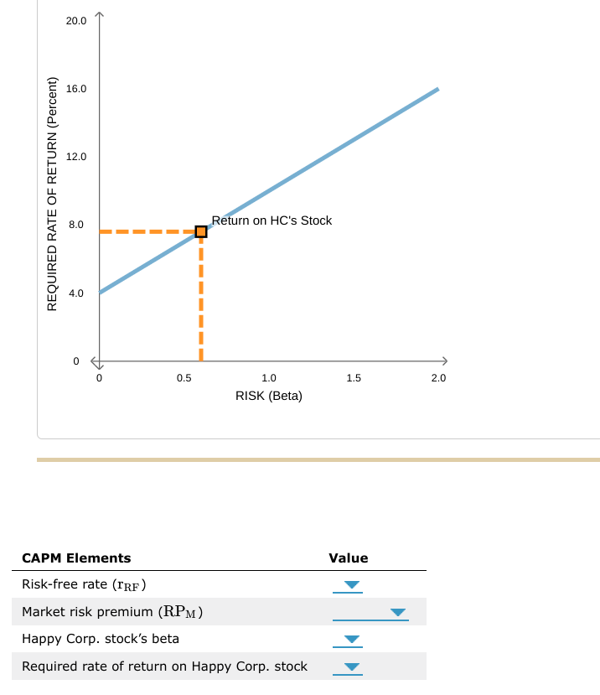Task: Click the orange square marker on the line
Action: coord(201,231)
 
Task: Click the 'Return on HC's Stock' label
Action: coord(272,220)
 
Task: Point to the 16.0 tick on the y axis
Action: coord(76,88)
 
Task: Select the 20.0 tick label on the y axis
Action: coord(76,20)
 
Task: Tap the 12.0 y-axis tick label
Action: coord(76,157)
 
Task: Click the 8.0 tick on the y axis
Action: coord(76,225)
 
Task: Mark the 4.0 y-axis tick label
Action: coord(76,293)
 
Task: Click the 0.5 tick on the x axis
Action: coord(184,378)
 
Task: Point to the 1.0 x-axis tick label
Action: coord(269,378)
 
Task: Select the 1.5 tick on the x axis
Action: coord(354,378)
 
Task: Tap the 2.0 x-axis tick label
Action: coord(438,378)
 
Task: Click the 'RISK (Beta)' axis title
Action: coord(269,396)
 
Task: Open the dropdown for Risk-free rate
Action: coord(352,585)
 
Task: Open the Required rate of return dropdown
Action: coord(352,668)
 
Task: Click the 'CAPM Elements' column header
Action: coord(76,558)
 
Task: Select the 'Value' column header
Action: coord(349,558)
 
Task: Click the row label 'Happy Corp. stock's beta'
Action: coord(101,639)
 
